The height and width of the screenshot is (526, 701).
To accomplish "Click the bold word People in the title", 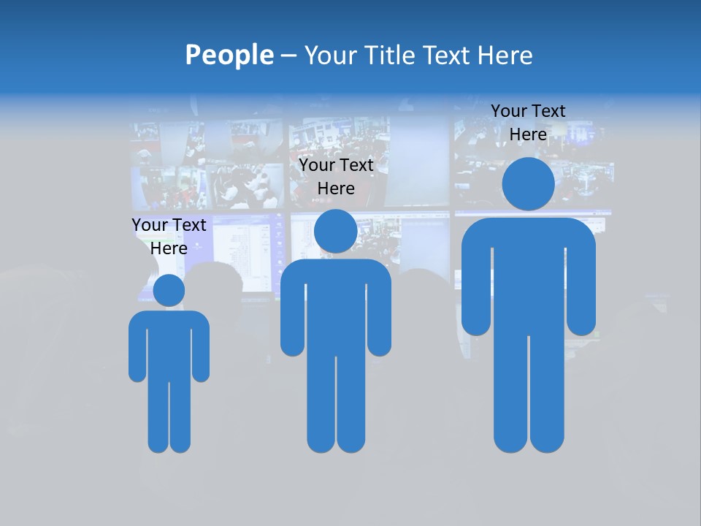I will [229, 56].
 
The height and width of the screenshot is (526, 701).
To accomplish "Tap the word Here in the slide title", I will [505, 56].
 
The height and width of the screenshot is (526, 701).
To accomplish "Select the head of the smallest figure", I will [169, 291].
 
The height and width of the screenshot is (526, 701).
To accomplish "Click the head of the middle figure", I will [335, 231].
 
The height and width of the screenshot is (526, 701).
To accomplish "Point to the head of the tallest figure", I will [528, 184].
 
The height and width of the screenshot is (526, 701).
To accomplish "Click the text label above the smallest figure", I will [169, 237].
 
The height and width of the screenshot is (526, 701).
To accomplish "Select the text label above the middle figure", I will [336, 177].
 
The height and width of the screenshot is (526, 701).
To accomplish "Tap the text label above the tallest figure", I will [528, 123].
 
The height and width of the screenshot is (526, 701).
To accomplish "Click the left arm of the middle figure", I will [292, 314].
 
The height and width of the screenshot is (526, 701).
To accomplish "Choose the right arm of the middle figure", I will [380, 314].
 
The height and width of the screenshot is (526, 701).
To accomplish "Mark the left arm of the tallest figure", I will [476, 285].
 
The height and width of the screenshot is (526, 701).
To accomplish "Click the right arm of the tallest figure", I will [581, 285].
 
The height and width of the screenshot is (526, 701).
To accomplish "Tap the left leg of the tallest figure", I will [510, 394].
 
